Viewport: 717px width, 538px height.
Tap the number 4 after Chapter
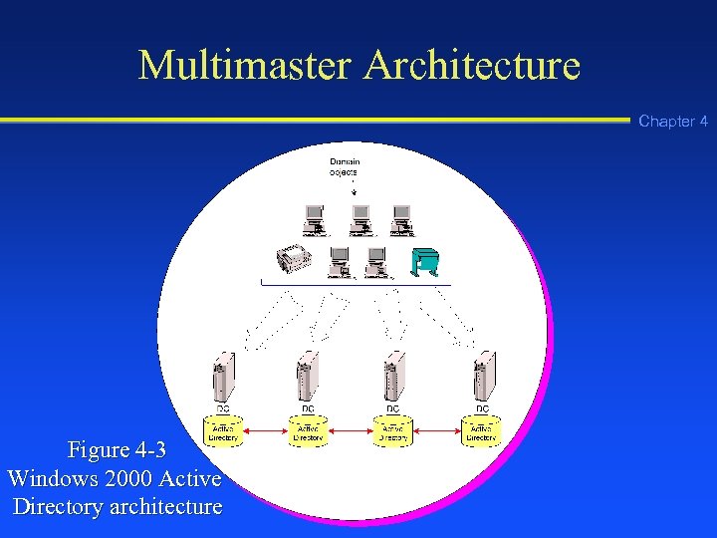[x=703, y=122]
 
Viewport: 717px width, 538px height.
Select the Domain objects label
[x=345, y=167]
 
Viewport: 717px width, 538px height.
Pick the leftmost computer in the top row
[x=315, y=217]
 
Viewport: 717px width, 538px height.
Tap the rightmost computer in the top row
[x=401, y=217]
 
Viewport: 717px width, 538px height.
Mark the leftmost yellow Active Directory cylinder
[x=223, y=430]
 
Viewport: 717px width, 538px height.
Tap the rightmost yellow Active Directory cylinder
[x=482, y=430]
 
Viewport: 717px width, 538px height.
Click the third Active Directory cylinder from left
[x=393, y=430]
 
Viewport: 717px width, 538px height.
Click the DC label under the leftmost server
[x=223, y=408]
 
